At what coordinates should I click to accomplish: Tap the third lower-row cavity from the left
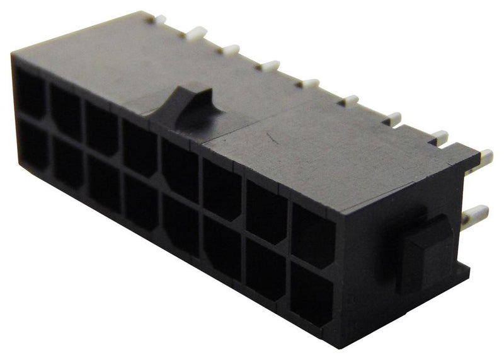(x=103, y=183)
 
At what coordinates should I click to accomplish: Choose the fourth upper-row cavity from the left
(x=139, y=149)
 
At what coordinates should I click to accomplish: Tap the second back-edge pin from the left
(x=195, y=33)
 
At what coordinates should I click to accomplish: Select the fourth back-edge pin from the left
(x=268, y=65)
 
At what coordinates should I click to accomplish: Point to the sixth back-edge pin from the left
(x=348, y=100)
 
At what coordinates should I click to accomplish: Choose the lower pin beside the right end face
(x=475, y=216)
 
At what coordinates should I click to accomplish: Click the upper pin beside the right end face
(x=485, y=155)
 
